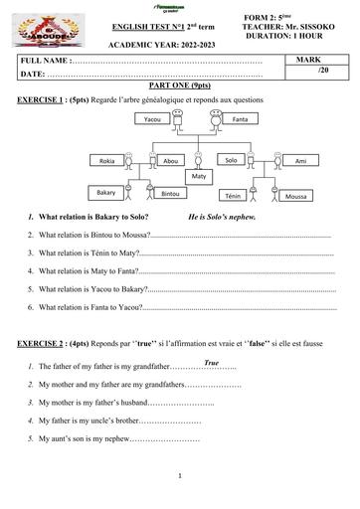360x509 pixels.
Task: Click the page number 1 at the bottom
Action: (178, 475)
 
